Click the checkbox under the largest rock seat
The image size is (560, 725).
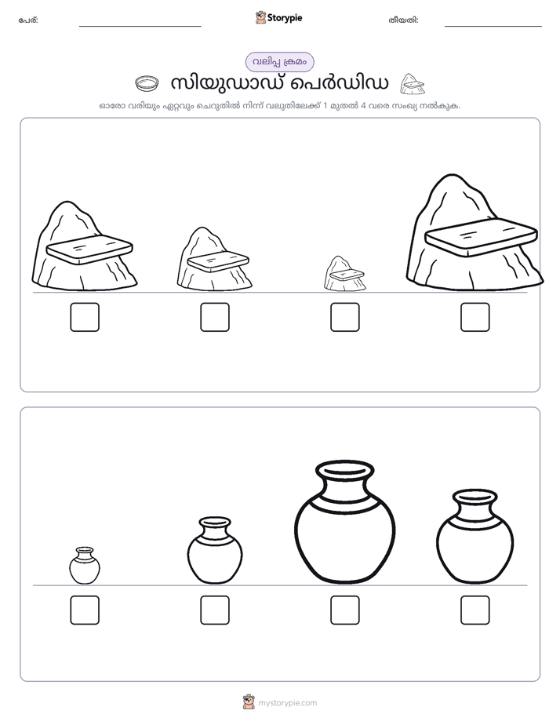[475, 317]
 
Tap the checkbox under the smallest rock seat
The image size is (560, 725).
[344, 317]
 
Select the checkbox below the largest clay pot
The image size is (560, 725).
[344, 610]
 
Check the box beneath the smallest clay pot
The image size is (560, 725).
[85, 610]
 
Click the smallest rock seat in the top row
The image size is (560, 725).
[344, 274]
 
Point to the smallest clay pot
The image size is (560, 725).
[85, 565]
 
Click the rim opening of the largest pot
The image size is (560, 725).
[344, 469]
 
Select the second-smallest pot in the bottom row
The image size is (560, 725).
[215, 550]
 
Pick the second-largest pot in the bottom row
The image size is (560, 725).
[475, 537]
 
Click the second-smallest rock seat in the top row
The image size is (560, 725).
[215, 259]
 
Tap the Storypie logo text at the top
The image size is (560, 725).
[285, 17]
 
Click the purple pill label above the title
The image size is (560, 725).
[279, 62]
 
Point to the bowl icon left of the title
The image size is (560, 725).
[147, 84]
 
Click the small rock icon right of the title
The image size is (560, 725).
[412, 84]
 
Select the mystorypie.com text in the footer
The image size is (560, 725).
[287, 703]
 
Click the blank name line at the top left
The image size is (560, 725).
[140, 26]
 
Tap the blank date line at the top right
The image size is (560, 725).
[493, 26]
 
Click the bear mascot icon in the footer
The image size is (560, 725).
[249, 702]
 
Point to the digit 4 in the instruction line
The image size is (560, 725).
[363, 106]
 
